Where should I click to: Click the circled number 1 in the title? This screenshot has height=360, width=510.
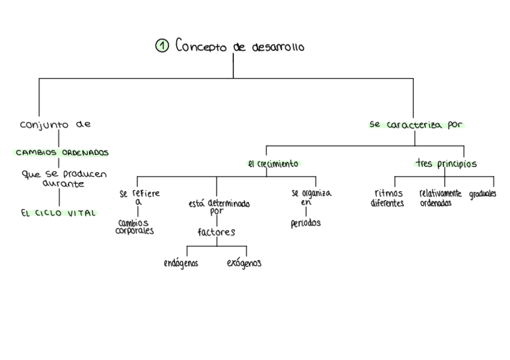tap(161, 46)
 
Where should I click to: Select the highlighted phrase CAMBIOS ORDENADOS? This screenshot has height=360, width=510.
tap(62, 153)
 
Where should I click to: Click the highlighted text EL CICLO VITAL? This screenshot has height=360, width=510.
tap(58, 213)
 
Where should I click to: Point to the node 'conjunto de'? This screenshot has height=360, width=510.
tap(55, 125)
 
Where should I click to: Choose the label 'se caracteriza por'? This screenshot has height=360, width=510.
tap(416, 125)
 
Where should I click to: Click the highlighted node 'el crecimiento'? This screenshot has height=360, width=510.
tap(273, 163)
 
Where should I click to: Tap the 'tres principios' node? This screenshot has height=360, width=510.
tap(446, 163)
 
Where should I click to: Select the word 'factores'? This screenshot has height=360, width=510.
tap(216, 232)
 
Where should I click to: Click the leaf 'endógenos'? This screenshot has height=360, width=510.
tap(180, 263)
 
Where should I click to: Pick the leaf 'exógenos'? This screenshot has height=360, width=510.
tap(244, 263)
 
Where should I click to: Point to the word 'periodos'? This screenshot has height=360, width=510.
tap(306, 223)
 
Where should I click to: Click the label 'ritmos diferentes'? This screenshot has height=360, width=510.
tap(387, 198)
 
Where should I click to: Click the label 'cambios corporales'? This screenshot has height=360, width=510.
tap(134, 227)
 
